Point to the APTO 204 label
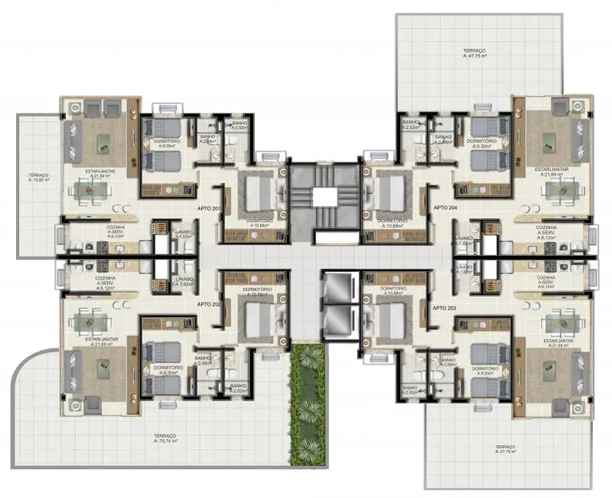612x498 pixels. (446, 208)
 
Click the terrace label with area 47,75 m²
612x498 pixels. (475, 53)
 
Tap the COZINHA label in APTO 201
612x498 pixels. (106, 229)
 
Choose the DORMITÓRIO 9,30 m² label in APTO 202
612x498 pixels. (167, 370)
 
